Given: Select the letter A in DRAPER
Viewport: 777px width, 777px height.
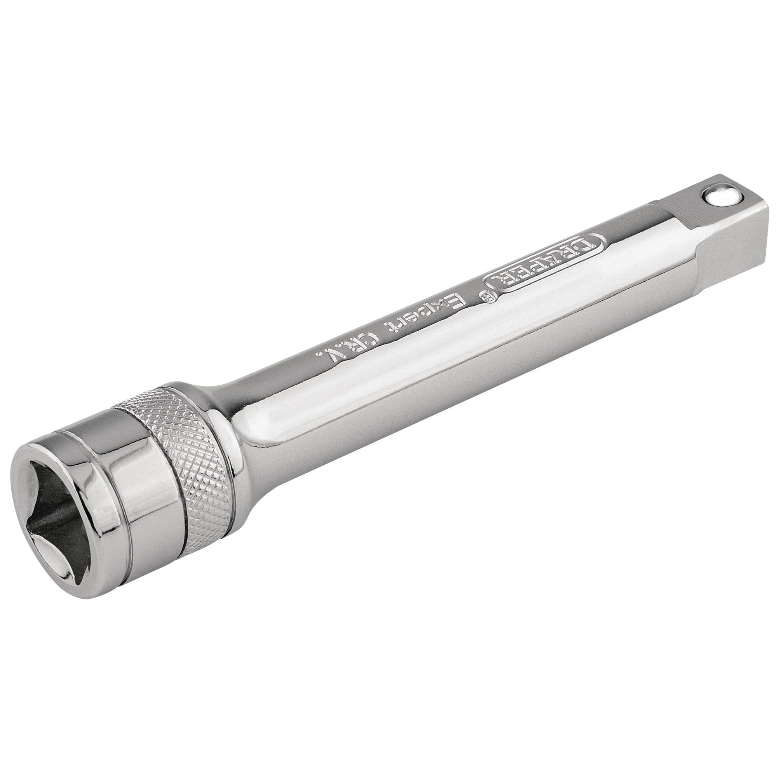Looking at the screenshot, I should coord(556,262).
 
